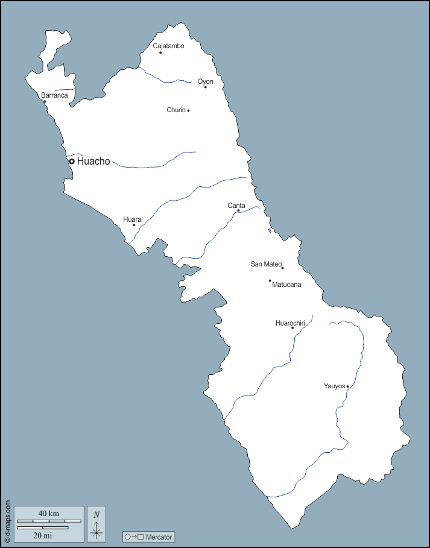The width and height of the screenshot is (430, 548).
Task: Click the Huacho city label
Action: coord(93,161)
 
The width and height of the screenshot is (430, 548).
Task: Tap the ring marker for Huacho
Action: coord(71,161)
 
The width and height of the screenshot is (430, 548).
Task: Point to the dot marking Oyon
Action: coord(205,87)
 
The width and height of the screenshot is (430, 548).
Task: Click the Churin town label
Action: coord(176,110)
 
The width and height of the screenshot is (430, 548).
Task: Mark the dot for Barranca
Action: coord(45,102)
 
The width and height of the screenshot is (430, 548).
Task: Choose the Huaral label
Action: coord(133,219)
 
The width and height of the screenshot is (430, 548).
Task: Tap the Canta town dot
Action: coord(238,210)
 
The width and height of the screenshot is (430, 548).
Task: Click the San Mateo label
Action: coord(266,264)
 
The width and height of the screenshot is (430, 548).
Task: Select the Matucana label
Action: coord(286,285)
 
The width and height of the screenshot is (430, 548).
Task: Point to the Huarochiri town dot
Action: coord(292,328)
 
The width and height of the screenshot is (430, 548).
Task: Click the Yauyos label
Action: coord(334,386)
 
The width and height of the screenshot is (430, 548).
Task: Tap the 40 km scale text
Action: coord(48,513)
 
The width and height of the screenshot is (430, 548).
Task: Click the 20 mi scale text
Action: coord(42,535)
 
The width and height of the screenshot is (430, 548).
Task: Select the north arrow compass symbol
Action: coord(96,523)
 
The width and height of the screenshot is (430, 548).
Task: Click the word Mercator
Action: coord(159,537)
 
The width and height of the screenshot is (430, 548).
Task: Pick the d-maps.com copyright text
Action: coord(7,521)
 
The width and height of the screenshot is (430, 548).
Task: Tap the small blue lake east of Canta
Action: coord(270,230)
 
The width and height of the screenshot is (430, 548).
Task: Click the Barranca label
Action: coord(54,95)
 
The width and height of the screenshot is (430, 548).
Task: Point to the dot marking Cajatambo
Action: coord(160,52)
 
